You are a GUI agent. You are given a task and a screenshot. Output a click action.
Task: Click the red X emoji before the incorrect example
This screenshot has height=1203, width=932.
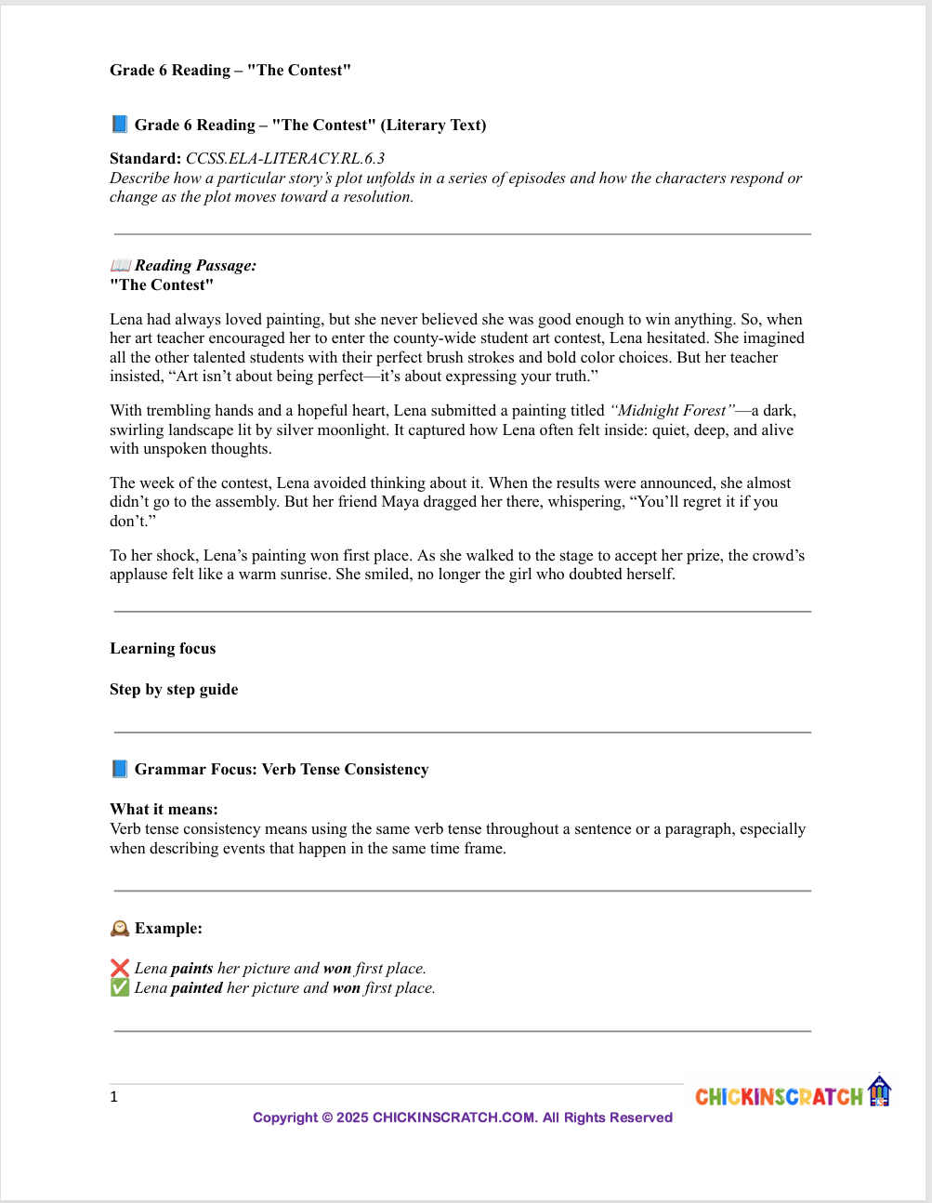point(119,968)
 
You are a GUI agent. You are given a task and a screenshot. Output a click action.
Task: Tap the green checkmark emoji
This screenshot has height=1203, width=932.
point(119,987)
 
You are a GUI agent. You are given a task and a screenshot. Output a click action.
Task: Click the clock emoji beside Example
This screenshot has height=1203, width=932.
point(119,928)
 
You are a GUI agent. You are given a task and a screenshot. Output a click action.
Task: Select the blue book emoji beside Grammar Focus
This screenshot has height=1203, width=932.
point(119,769)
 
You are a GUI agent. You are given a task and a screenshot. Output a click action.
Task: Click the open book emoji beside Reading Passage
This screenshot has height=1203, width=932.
point(120,266)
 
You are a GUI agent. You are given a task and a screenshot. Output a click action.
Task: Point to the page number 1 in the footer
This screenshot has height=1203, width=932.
point(113,1097)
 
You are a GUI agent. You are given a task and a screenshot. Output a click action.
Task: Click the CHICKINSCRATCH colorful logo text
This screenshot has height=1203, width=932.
point(779,1097)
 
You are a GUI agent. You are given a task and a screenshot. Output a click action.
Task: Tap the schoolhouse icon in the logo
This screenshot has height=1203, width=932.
point(879,1091)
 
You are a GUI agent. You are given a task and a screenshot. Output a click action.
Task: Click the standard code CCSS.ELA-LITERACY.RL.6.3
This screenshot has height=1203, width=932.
point(285,158)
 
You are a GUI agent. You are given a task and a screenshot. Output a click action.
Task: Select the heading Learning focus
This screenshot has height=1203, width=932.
point(163,648)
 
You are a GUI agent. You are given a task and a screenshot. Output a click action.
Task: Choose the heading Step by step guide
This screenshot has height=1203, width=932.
point(174,689)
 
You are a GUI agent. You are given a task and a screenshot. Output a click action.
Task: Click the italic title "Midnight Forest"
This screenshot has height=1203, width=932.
point(672,410)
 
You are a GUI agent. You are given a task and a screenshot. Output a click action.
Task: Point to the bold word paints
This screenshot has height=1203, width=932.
point(192,968)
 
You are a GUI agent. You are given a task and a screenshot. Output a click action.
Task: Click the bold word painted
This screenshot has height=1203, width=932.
point(197,987)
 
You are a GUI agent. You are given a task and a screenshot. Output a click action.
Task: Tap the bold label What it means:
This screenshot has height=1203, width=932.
point(164,809)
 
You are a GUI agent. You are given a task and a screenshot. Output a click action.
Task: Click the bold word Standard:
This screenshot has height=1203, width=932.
point(145,158)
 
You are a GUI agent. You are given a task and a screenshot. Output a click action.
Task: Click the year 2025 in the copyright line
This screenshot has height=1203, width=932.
point(352,1117)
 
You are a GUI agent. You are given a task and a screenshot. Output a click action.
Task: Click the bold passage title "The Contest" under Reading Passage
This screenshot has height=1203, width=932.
point(162,284)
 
